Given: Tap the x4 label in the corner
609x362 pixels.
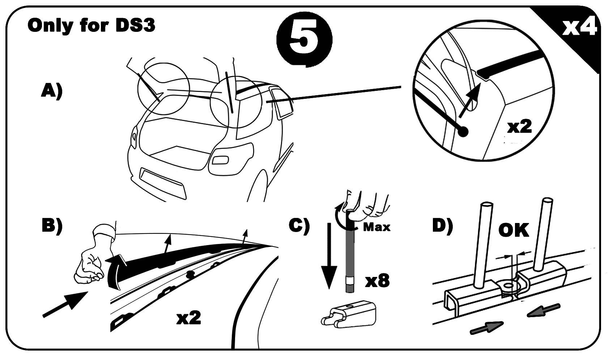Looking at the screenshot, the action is tap(579, 26).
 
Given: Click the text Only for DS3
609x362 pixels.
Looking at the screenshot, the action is tap(91, 25).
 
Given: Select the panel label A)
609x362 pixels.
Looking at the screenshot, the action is tap(52, 91).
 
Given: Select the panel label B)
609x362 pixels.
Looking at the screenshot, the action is tap(52, 226).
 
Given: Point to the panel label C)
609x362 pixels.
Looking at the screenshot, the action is tap(299, 226).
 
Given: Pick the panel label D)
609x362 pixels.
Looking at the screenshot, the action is tap(443, 226).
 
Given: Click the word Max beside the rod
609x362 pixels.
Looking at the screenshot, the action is tap(376, 227).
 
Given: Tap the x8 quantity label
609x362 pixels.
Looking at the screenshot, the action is tap(377, 281).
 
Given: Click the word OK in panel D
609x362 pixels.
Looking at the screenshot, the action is tap(514, 230).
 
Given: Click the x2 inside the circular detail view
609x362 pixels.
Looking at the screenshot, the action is tap(520, 127).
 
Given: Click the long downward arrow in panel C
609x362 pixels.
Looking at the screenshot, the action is tap(329, 256).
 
